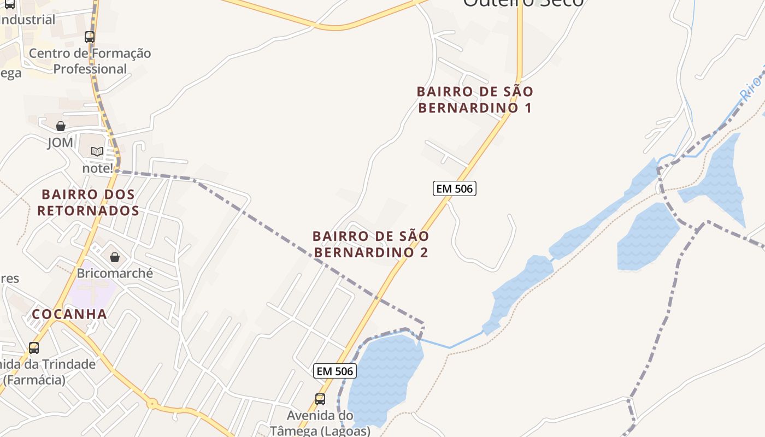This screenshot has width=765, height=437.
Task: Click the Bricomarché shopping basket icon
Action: coord(115,257)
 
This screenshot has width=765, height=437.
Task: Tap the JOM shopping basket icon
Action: coord(61,126)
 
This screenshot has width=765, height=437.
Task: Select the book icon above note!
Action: coord(97,151)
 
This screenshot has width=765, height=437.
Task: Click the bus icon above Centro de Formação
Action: coord(90,37)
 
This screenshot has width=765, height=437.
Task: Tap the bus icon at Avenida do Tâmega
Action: coord(320,399)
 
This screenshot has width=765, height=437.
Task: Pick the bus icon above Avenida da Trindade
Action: coord(34,348)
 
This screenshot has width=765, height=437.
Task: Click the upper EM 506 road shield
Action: coord(455,188)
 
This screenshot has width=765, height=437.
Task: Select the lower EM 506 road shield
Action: coord(335,371)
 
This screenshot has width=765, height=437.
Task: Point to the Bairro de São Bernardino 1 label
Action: coord(475,99)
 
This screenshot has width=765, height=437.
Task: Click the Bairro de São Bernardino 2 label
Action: coord(371,244)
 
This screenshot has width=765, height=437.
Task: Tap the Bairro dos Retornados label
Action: coord(88,202)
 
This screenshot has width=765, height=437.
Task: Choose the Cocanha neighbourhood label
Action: coord(69,314)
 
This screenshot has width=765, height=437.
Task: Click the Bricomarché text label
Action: coord(115,273)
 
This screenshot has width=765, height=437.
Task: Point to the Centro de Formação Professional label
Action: coord(90,61)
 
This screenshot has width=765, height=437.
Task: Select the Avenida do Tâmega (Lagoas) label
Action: coord(320,423)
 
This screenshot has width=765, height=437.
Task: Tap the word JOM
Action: coord(60,143)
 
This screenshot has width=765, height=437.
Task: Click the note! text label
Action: coord(97,168)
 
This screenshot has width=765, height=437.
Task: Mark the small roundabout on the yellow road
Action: coord(152,404)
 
